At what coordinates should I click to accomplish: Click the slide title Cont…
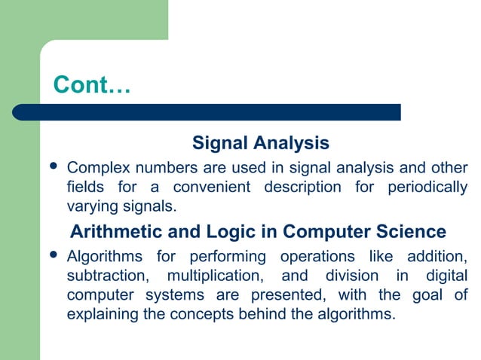pyautogui.click(x=92, y=85)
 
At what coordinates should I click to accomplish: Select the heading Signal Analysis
pyautogui.click(x=260, y=142)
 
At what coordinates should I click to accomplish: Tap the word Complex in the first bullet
pyautogui.click(x=95, y=167)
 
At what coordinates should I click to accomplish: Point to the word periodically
pyautogui.click(x=427, y=187)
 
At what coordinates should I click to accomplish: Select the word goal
pyautogui.click(x=430, y=294)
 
